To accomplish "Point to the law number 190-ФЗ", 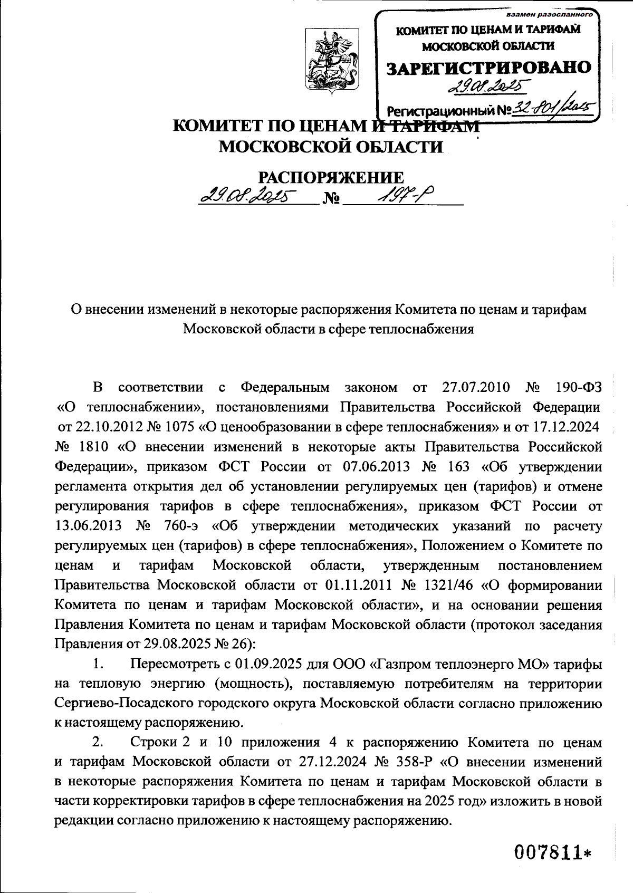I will point(579,388).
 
